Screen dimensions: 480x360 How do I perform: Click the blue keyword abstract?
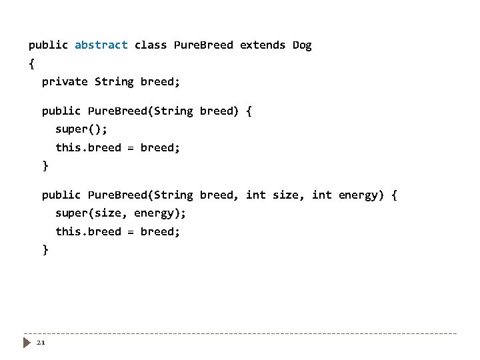(101, 45)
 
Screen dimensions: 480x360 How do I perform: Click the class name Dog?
(302, 45)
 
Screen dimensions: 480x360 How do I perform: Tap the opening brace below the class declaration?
(31, 64)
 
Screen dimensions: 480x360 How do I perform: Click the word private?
(65, 81)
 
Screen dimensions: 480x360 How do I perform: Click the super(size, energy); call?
(121, 213)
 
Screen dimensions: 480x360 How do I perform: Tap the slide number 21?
(40, 343)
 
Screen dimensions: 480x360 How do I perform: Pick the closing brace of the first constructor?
(45, 165)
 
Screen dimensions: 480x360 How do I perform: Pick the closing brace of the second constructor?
(45, 249)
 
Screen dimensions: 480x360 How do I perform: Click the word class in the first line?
(151, 45)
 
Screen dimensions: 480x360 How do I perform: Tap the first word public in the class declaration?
(48, 45)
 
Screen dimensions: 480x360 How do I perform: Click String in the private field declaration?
(114, 81)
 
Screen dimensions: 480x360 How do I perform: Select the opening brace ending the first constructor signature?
(249, 111)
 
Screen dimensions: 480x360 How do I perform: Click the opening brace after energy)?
(395, 195)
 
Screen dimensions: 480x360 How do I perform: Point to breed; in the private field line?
(160, 81)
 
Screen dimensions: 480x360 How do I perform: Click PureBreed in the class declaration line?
(203, 45)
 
